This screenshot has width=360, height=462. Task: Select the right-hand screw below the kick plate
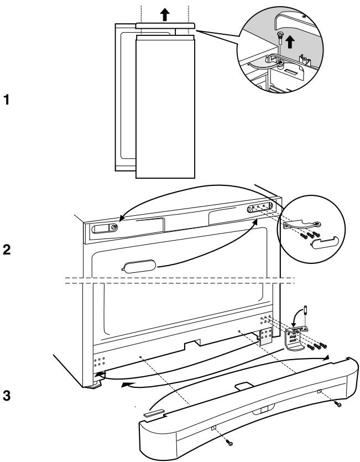pyautogui.click(x=338, y=405)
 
